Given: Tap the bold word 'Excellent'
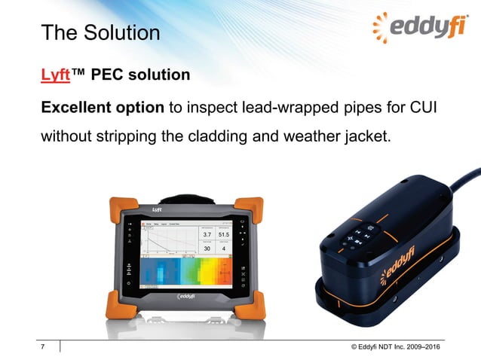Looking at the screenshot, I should tap(75, 107).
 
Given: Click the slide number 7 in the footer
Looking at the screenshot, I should tap(44, 346).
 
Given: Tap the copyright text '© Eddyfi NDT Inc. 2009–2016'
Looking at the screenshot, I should tap(395, 346).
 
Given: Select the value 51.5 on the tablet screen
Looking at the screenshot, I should tap(224, 235).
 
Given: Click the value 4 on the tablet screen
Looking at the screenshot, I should tap(224, 249).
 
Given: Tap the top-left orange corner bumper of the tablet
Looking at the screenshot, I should tap(120, 207).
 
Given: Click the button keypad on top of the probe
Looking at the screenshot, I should tap(360, 232).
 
